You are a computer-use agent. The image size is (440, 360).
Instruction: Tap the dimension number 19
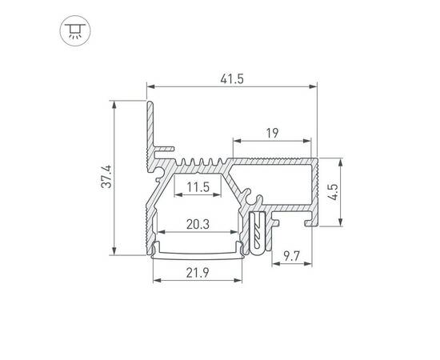click(271, 132)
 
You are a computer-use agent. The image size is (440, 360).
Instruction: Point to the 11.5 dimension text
click(197, 188)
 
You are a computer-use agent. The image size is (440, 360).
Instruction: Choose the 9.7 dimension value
click(292, 256)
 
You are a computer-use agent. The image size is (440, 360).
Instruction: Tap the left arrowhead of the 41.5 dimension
click(150, 86)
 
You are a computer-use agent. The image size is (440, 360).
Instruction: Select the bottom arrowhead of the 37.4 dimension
click(118, 250)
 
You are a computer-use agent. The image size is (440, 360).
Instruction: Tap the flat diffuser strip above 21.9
click(197, 254)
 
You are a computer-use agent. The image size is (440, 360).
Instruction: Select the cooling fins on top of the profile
click(200, 163)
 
